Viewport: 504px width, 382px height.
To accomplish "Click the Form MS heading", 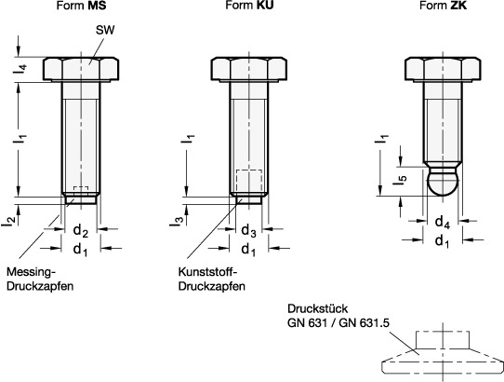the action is tap(81, 6).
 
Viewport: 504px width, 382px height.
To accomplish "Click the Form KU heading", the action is tap(249, 6).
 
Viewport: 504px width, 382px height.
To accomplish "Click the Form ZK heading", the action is tap(444, 6).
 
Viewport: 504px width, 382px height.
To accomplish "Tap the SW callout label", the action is tap(105, 30).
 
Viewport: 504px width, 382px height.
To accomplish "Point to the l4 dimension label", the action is tap(20, 69).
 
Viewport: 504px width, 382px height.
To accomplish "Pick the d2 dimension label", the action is tap(81, 231).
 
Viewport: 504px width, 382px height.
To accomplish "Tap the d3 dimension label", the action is tap(249, 231).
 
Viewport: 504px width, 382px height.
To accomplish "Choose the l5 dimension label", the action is tap(400, 180).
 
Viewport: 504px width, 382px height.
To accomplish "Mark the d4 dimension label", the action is tap(443, 223).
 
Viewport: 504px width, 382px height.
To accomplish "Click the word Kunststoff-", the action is tap(207, 272).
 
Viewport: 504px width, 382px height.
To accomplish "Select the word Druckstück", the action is tap(318, 308).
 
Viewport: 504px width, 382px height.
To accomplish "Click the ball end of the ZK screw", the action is tap(444, 183).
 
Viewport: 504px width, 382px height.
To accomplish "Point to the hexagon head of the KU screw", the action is tap(249, 69).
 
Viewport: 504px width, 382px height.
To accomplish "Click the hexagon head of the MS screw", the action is tap(81, 69).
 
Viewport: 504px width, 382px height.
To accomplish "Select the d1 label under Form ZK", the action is tap(443, 241).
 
